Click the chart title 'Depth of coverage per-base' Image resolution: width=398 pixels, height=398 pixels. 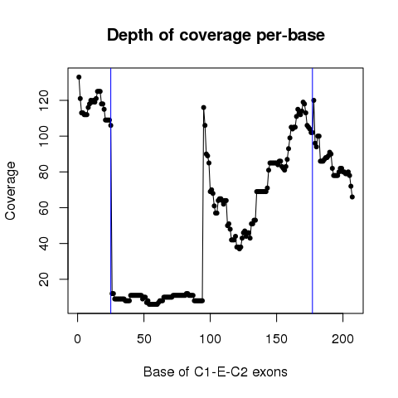(216, 36)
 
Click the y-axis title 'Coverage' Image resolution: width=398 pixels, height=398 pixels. (10, 191)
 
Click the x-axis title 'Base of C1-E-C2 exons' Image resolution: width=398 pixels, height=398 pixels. (216, 371)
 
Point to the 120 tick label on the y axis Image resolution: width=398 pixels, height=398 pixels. (44, 100)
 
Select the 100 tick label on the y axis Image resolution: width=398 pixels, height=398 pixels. (44, 136)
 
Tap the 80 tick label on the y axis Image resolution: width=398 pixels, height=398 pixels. (44, 172)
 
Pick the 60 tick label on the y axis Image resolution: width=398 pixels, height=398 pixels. (44, 207)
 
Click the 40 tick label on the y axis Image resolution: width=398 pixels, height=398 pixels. (44, 243)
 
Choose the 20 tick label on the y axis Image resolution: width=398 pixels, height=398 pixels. (44, 279)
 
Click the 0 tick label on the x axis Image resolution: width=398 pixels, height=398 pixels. (78, 339)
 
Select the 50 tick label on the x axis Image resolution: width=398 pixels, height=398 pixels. (144, 339)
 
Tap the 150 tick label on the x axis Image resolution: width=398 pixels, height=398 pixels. (276, 339)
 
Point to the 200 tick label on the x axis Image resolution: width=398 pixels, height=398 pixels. (342, 339)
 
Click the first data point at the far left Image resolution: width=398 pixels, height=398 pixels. (79, 77)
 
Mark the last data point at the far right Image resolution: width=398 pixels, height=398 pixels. (352, 197)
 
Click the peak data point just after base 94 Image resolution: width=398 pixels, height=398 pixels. (203, 108)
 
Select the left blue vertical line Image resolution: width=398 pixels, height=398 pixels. (110, 191)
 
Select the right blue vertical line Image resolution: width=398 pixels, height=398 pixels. (313, 191)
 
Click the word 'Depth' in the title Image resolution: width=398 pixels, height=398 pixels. (130, 36)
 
